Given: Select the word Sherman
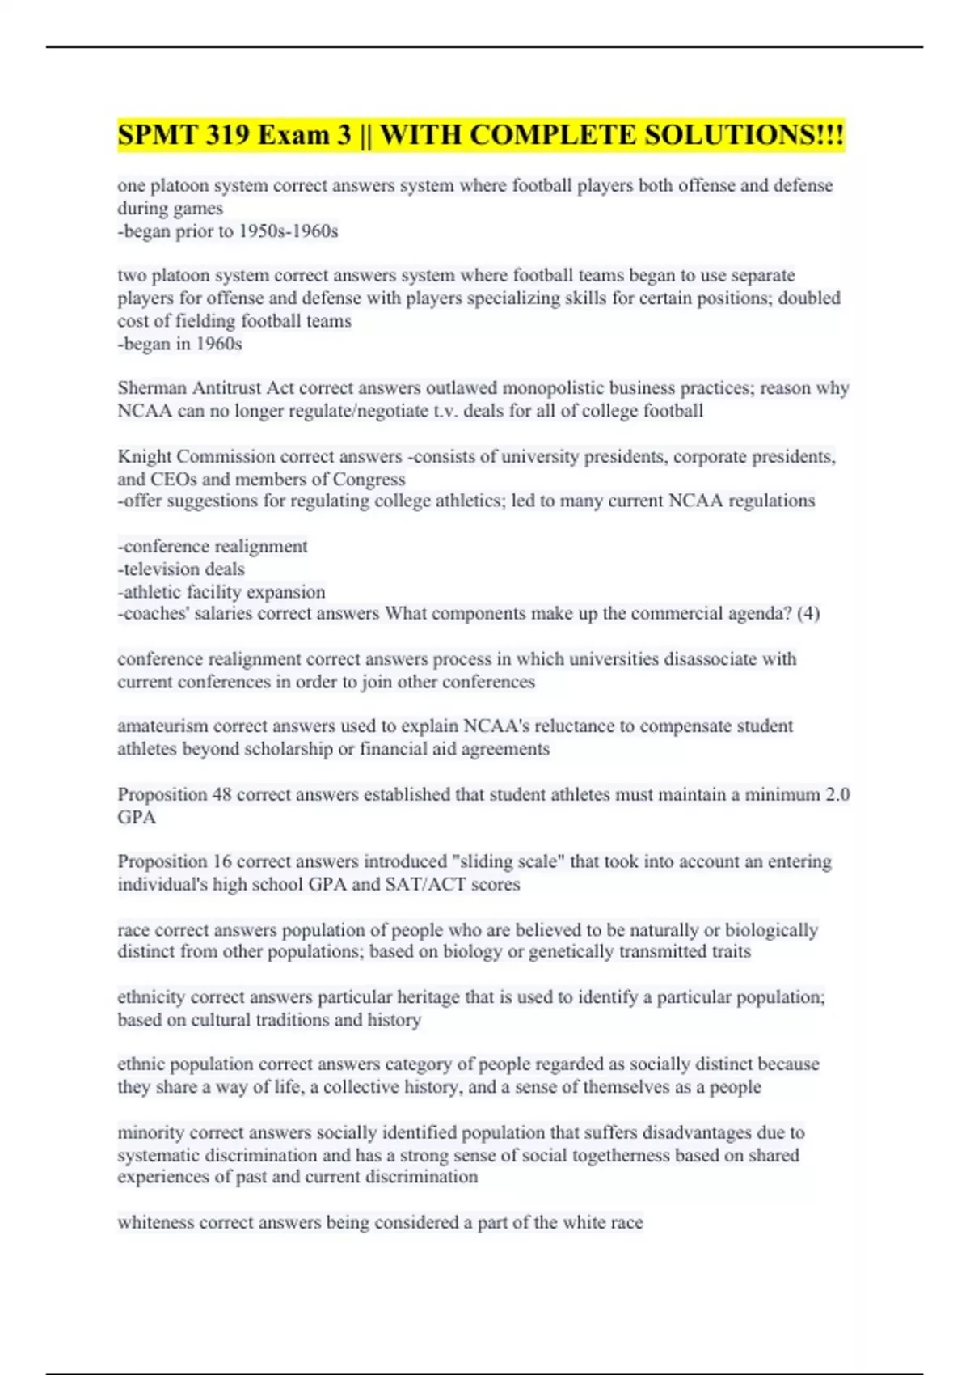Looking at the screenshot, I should click(151, 388).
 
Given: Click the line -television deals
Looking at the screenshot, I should click(181, 569).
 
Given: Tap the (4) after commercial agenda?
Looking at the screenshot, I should click(808, 614).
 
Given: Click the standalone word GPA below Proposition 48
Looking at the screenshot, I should click(137, 817).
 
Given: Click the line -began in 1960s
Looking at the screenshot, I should click(179, 344).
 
